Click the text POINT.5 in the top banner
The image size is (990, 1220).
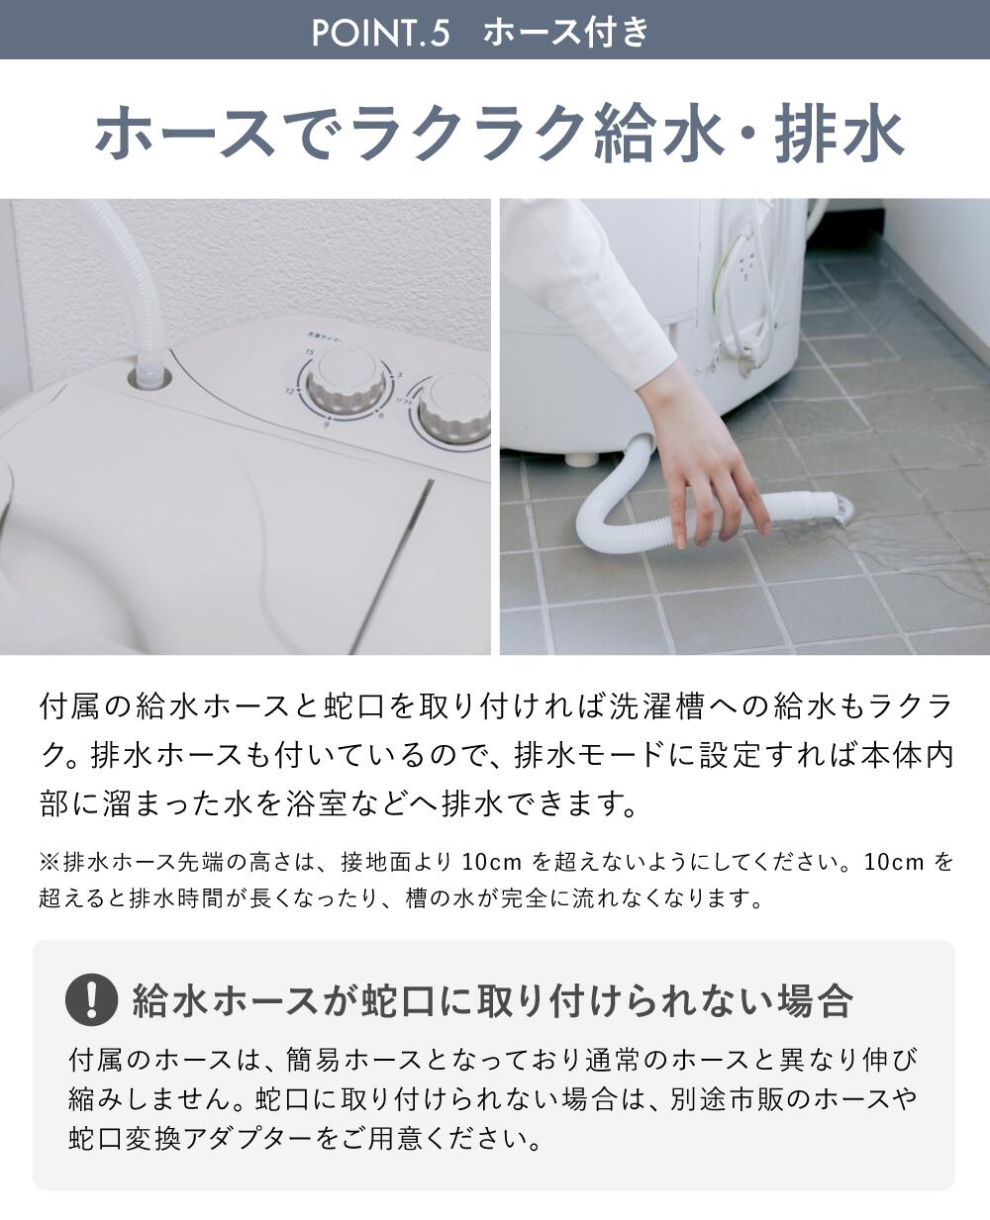[x=380, y=33]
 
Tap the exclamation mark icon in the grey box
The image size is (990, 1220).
[x=92, y=999]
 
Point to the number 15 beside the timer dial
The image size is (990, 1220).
[x=309, y=351]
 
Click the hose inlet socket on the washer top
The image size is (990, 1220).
[x=149, y=377]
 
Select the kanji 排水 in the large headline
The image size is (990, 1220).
[x=840, y=135]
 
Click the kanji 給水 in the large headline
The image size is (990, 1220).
[x=658, y=135]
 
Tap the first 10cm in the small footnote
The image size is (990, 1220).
[x=491, y=862]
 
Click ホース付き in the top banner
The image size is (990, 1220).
[x=566, y=33]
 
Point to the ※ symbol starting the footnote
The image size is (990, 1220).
[x=49, y=862]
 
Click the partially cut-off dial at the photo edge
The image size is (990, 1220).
[x=455, y=410]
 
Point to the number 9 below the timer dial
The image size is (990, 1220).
[x=326, y=424]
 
